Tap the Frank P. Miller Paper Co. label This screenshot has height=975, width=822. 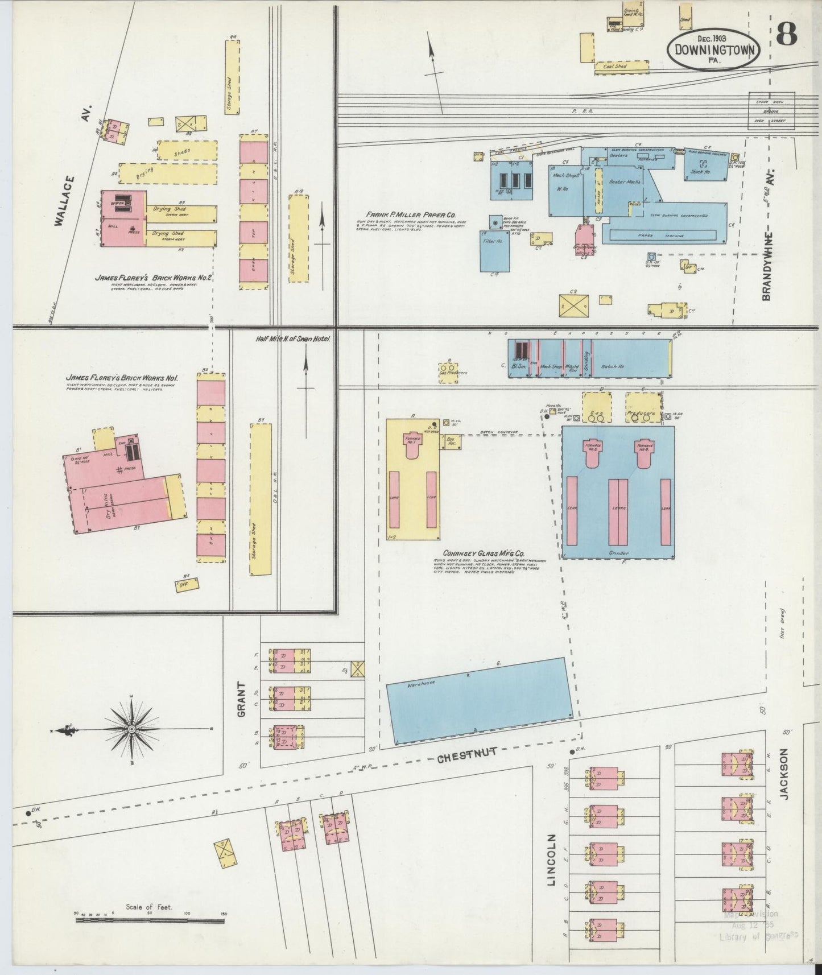point(407,215)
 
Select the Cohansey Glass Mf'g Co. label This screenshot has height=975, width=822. point(484,553)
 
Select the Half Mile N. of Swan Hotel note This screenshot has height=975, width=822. point(293,338)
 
